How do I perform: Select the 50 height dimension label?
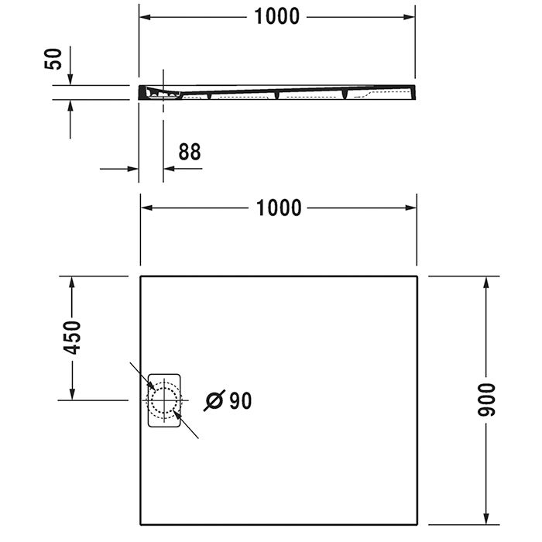click(x=53, y=58)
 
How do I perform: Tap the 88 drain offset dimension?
click(x=189, y=152)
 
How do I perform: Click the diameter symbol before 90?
click(x=214, y=400)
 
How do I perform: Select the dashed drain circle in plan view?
click(x=163, y=399)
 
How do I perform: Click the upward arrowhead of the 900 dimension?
click(x=486, y=282)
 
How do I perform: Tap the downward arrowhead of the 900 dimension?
click(x=486, y=518)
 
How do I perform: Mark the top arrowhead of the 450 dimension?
click(x=71, y=282)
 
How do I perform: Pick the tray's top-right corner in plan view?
click(x=417, y=276)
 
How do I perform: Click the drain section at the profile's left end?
click(x=159, y=94)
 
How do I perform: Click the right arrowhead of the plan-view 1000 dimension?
click(x=411, y=208)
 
